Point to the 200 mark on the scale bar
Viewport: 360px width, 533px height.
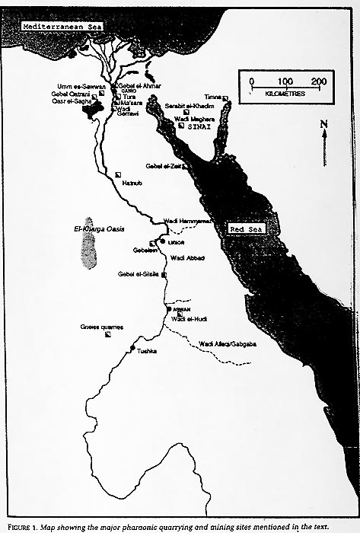pos(318,81)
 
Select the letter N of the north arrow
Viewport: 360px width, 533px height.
pos(324,123)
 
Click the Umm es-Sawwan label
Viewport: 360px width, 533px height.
pos(78,86)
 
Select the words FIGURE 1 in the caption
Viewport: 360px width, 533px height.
pos(21,525)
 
